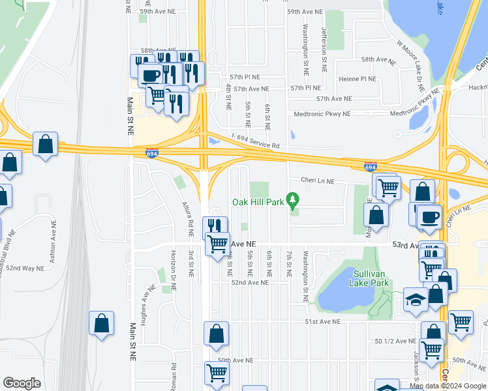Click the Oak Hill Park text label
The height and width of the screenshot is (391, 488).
pos(258,202)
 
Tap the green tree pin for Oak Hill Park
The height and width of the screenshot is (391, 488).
pos(294,199)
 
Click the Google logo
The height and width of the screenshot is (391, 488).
pos(22,383)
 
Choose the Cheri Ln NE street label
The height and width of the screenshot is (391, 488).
pos(317,181)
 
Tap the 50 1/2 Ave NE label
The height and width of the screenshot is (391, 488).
pos(395,341)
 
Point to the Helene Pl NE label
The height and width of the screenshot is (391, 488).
pos(358,79)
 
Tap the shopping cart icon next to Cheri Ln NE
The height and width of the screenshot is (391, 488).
pos(389,187)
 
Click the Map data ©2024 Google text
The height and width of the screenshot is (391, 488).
pos(447,386)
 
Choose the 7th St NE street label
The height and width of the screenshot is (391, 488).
pos(288,264)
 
